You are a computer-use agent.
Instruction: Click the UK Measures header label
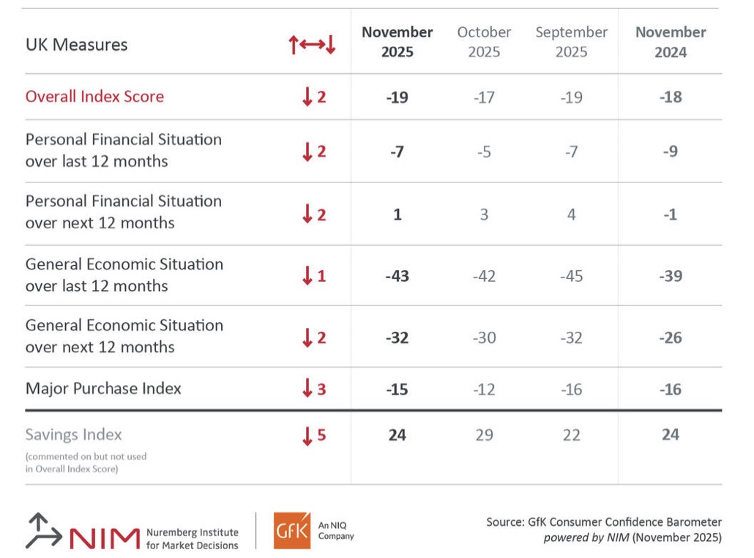pos(76,45)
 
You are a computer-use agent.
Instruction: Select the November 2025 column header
pos(397,42)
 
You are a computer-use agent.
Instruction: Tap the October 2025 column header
pos(484,42)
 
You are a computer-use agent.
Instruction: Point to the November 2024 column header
pos(670,42)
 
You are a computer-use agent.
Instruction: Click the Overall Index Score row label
pos(94,97)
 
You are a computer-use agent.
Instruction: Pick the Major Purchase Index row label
pos(103,388)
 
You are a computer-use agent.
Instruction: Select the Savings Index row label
pos(73,434)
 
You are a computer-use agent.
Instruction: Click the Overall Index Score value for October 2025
pos(484,97)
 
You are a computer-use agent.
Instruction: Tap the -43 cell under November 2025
pos(397,276)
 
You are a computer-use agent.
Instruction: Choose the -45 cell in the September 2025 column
pos(571,276)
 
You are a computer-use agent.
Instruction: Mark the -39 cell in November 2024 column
pos(670,276)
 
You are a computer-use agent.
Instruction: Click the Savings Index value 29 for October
pos(484,435)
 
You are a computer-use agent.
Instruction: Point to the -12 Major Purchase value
pos(484,389)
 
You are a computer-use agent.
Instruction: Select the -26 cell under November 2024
pos(670,338)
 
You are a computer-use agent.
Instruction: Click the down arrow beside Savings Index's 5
pos(307,436)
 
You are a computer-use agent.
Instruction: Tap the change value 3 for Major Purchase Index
pos(321,389)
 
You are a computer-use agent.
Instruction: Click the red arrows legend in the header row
pos(312,45)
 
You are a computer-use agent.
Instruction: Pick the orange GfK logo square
pos(292,529)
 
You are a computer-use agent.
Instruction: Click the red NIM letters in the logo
pos(105,537)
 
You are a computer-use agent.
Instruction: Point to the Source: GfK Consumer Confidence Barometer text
pos(604,522)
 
